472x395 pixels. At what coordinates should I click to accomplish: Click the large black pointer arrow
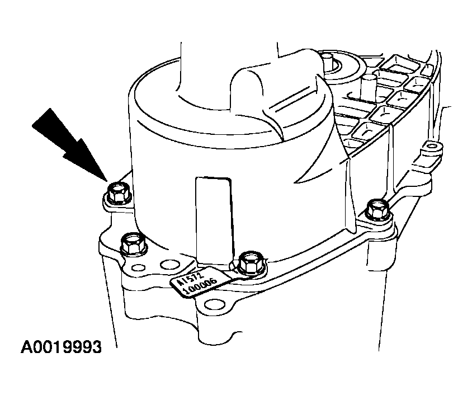[70, 144]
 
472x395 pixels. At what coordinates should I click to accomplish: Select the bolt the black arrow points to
[118, 193]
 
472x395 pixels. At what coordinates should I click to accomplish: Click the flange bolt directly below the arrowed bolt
[133, 243]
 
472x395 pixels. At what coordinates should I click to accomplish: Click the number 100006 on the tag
[200, 286]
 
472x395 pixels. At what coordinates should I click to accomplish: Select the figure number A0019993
[61, 347]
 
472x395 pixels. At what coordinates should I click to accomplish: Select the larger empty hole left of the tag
[168, 265]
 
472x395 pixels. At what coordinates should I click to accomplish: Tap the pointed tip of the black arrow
[107, 181]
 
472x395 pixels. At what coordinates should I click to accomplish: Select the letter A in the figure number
[26, 347]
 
